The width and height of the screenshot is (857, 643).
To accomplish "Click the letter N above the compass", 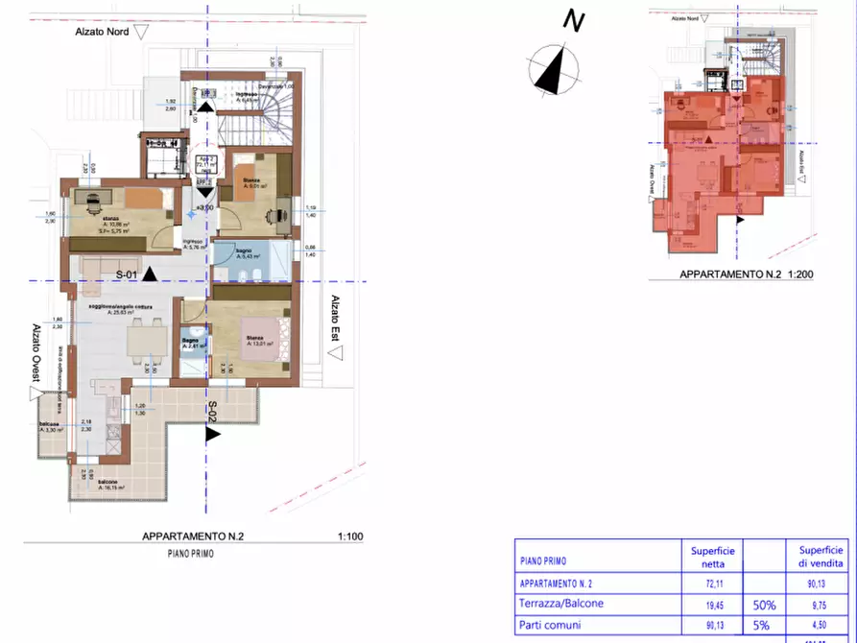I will pyautogui.click(x=574, y=20).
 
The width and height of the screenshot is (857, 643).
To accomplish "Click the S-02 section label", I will pyautogui.click(x=211, y=412).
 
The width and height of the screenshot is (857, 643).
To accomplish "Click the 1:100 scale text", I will pyautogui.click(x=351, y=538).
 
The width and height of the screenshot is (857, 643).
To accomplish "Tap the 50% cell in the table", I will pyautogui.click(x=765, y=605).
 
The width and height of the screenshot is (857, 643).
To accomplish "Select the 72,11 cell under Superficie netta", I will pyautogui.click(x=712, y=583).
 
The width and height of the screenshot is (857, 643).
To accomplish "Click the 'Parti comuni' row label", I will pyautogui.click(x=550, y=626).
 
